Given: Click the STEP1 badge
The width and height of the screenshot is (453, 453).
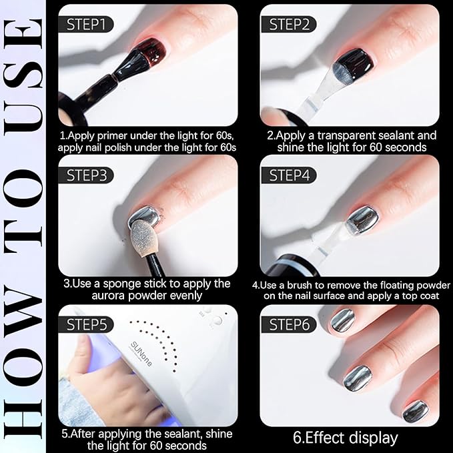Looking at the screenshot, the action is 86,24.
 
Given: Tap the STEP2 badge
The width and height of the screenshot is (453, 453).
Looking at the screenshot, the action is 289,24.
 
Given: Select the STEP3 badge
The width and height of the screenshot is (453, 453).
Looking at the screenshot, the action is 86,175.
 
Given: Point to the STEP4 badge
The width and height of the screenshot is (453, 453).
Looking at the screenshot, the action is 289,175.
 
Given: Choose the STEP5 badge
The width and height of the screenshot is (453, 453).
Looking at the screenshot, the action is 86,324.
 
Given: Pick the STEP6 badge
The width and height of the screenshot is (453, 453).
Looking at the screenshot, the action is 289,324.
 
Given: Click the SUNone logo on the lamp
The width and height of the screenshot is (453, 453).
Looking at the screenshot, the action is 141,354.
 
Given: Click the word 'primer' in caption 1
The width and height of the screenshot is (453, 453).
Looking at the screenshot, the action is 113,135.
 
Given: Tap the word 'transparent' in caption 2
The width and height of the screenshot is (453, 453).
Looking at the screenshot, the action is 346,135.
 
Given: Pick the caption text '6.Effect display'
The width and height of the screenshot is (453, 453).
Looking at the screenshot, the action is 346,438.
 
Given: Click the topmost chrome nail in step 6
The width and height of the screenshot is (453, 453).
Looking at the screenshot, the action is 343,321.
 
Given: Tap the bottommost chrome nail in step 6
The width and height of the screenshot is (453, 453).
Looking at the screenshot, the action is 416,411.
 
